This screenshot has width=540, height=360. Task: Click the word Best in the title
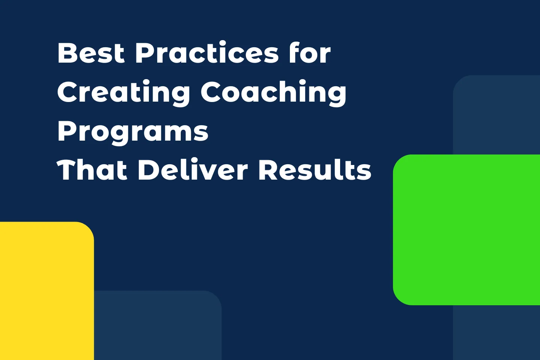click(x=91, y=53)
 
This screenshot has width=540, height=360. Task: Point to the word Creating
click(x=124, y=93)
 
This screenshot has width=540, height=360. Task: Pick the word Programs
click(x=133, y=132)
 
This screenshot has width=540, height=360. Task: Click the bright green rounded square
click(x=466, y=229)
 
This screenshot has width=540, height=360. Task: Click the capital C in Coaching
click(x=211, y=92)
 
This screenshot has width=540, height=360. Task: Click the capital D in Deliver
click(x=150, y=170)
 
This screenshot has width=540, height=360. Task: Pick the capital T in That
click(x=67, y=170)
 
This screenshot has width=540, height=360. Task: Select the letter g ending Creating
click(x=179, y=95)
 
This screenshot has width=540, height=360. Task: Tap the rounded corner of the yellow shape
click(x=88, y=227)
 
